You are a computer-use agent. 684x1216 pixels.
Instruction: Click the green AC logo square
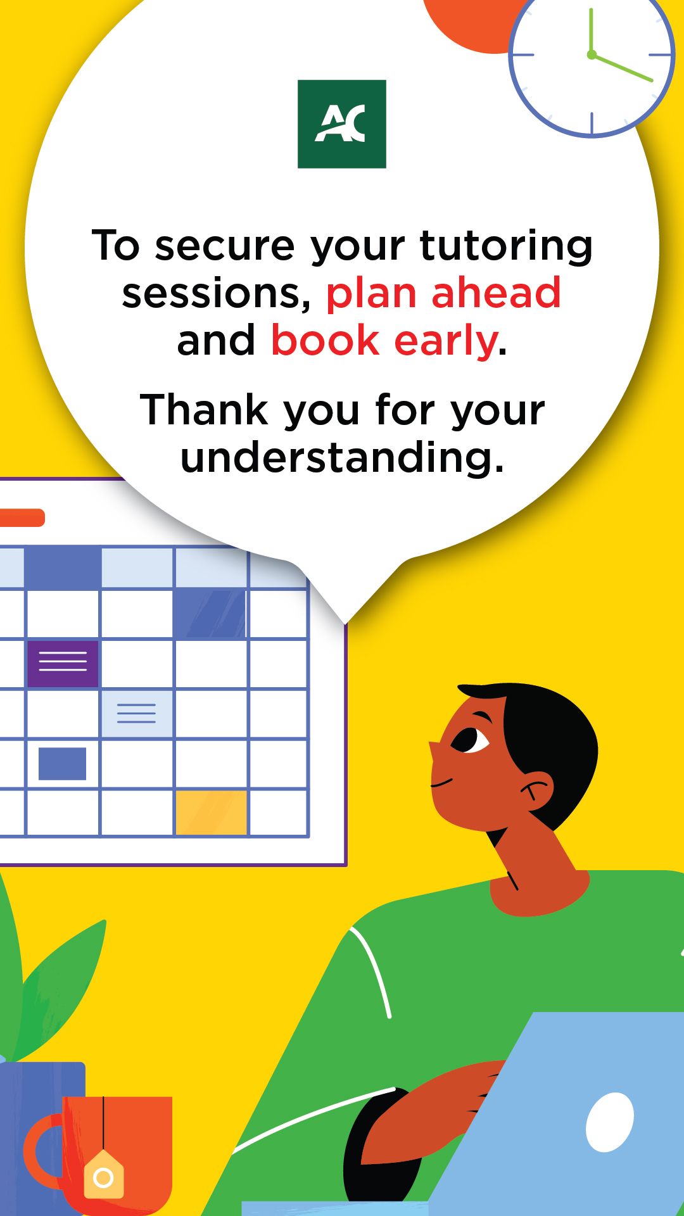(342, 124)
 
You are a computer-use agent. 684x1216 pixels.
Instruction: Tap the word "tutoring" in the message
(506, 247)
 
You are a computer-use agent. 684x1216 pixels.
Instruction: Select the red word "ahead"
(497, 293)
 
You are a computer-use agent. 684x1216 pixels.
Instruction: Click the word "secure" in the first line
(225, 247)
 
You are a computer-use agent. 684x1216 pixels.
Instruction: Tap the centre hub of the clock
(592, 55)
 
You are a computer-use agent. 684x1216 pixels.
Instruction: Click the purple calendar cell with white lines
(63, 664)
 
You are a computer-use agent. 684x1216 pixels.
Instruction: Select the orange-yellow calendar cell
(211, 813)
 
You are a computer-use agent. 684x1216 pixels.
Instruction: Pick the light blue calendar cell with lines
(137, 714)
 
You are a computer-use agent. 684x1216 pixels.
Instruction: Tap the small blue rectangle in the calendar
(62, 764)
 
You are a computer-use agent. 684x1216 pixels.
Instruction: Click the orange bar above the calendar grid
(22, 517)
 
